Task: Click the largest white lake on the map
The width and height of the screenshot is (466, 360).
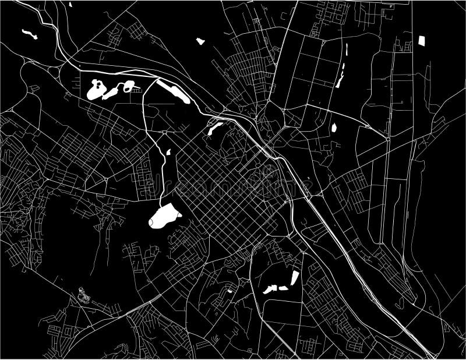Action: click(164, 217)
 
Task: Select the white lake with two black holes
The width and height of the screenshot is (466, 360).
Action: click(96, 90)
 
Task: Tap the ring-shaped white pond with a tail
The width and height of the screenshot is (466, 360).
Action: click(130, 87)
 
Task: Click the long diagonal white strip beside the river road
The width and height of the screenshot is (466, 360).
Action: click(174, 91)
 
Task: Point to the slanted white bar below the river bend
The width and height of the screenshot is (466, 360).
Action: click(215, 128)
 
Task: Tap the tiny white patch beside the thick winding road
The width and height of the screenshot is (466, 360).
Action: click(168, 153)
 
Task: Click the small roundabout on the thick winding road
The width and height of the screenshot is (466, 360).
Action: click(165, 133)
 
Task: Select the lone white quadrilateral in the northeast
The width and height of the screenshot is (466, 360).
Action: click(422, 41)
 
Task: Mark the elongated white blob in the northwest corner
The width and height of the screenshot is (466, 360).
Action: click(27, 33)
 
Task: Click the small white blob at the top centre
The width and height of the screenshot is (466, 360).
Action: click(200, 41)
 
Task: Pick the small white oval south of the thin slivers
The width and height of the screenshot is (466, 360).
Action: click(334, 126)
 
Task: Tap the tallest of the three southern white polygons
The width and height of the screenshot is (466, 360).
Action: click(294, 278)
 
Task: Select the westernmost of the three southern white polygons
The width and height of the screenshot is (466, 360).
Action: click(269, 289)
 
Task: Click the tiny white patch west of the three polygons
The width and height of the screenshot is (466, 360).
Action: click(230, 290)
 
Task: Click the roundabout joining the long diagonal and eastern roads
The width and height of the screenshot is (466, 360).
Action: click(387, 139)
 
